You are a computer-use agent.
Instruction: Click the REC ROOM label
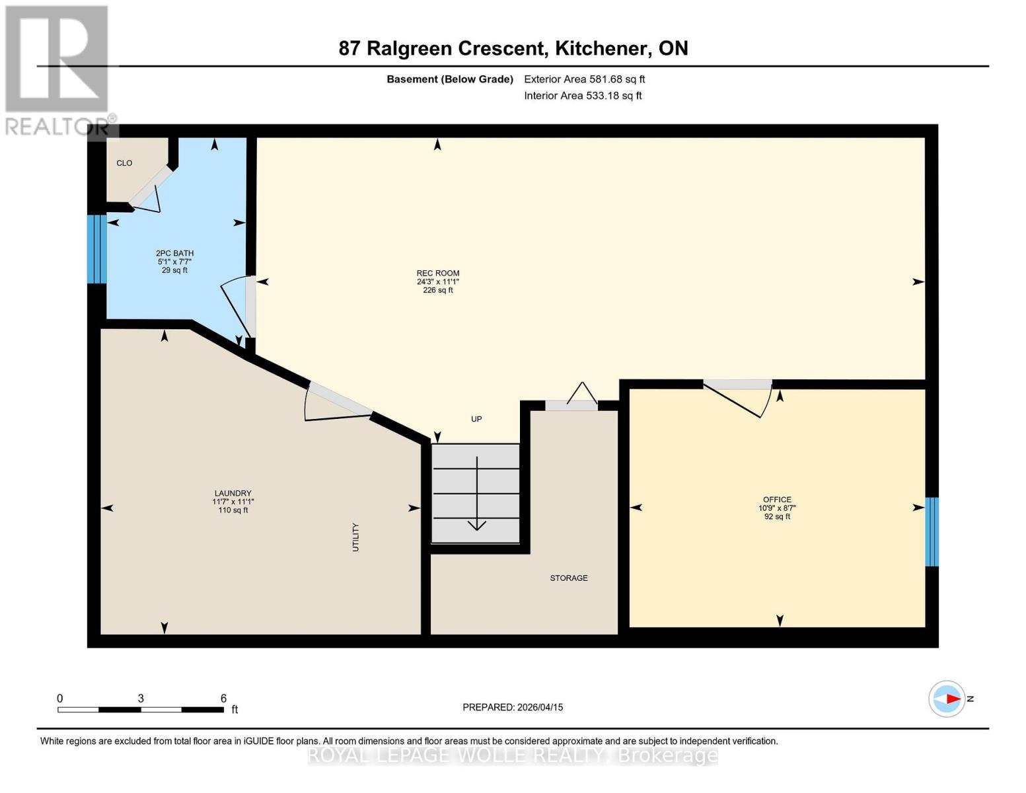pos(438,273)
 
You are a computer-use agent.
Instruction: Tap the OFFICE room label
pos(777,499)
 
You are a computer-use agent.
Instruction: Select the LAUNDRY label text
pos(233,493)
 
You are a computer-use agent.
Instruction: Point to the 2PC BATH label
pos(174,253)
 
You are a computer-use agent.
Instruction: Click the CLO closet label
pos(124,163)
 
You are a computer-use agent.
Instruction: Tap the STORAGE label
pos(568,578)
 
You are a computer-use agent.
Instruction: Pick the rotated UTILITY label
pos(355,537)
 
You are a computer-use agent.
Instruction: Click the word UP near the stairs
pos(476,419)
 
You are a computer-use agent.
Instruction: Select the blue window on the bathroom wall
pos(97,249)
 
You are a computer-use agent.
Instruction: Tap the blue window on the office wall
pos(932,531)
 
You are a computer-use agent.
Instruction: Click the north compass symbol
pos(947,699)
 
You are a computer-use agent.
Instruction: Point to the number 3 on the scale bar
pos(141,698)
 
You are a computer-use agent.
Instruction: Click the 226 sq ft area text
pos(438,290)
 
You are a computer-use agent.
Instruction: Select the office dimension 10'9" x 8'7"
pos(777,508)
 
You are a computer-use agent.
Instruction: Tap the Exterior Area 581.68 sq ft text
pos(584,79)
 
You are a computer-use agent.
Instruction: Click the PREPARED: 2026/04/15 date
pos(513,707)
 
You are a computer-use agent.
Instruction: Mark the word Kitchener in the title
pos(601,48)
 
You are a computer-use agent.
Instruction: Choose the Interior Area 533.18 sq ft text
pos(583,96)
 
